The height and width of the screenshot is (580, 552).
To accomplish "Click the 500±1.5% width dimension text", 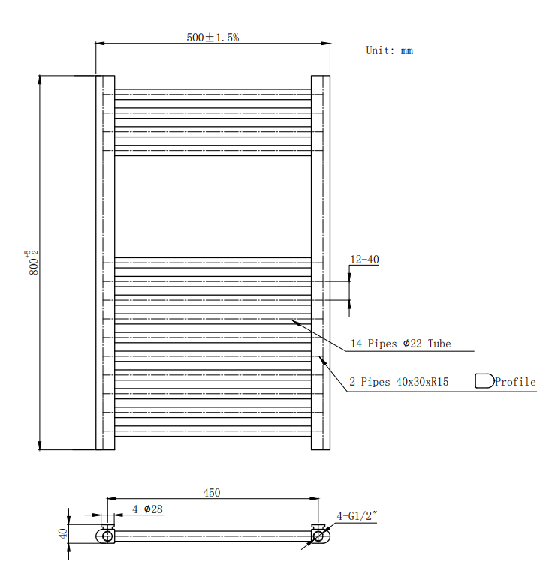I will (213, 37).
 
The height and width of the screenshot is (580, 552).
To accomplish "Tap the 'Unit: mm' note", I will (389, 51).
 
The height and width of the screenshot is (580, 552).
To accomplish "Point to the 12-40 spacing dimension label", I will (364, 260).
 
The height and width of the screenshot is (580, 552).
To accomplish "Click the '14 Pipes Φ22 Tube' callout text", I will (401, 344).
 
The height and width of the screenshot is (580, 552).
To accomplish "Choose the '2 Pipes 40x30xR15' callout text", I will (400, 382).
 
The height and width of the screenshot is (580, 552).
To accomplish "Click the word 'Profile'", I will (515, 382).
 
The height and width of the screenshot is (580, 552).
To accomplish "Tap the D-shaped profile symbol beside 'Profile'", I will (484, 381).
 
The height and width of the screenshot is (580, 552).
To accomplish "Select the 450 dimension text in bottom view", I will (212, 493).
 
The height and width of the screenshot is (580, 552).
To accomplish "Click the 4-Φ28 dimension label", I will (148, 509).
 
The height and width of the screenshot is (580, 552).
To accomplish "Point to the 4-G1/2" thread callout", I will (357, 516).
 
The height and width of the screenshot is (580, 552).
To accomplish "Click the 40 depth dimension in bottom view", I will (63, 534).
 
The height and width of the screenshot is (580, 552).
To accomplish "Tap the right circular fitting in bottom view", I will (318, 536).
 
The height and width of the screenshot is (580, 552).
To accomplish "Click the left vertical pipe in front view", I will (105, 263).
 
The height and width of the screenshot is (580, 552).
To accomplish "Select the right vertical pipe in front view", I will (321, 263).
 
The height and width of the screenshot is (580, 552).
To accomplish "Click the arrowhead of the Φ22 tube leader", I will (294, 322).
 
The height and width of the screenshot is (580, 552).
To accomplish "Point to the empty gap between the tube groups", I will (213, 206).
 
